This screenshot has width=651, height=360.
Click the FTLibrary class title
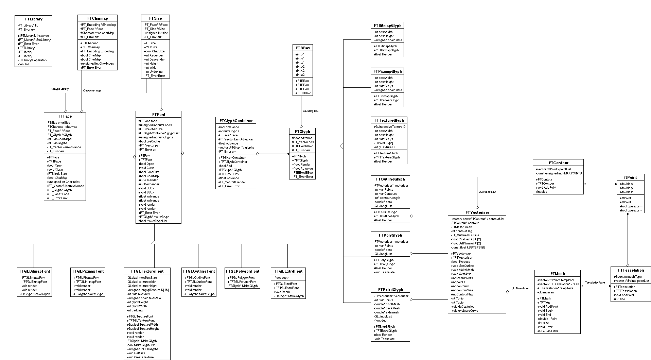tap(34, 19)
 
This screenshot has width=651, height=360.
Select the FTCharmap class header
tap(98, 18)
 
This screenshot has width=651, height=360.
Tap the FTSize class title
tap(155, 18)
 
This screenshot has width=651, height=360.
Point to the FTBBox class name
tap(302, 48)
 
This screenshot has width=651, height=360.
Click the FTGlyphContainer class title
tap(236, 121)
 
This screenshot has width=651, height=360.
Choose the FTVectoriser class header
tap(477, 212)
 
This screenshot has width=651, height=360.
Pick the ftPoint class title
tap(630, 177)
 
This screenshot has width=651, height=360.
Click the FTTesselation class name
tap(631, 271)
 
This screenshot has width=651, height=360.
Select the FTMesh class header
tap(557, 274)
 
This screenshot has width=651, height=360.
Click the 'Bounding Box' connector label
tap(311, 111)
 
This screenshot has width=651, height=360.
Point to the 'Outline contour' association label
tap(487, 192)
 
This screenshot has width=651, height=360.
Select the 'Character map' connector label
tap(92, 90)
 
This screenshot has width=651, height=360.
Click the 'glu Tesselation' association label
tap(520, 289)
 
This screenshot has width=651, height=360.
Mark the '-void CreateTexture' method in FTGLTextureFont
tap(140, 357)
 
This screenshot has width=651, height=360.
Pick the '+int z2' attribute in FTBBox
tap(300, 75)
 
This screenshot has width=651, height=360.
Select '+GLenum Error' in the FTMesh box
tap(548, 331)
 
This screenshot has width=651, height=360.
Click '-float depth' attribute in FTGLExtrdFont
tap(282, 278)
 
